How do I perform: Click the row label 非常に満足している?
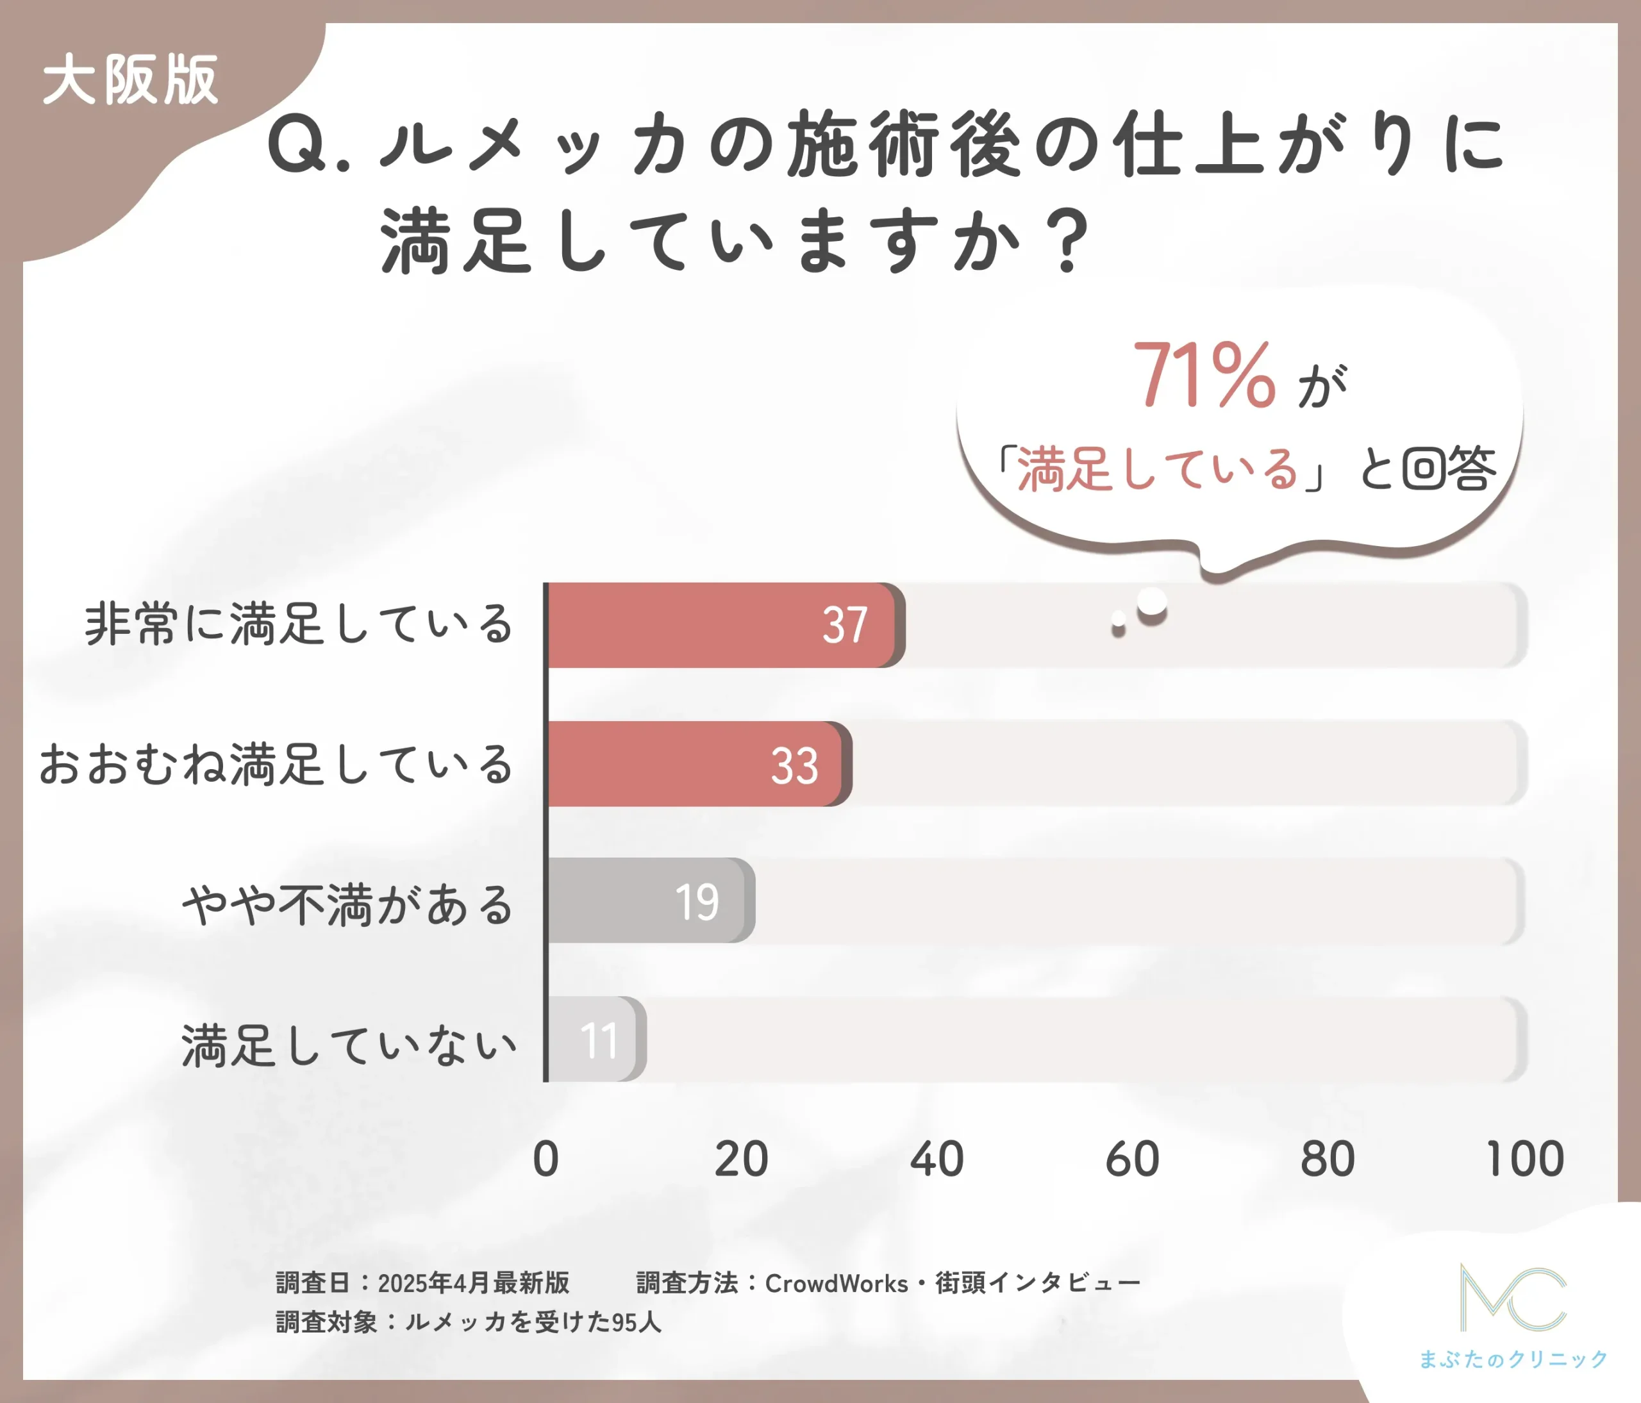click(299, 624)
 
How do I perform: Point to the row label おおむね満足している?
click(276, 764)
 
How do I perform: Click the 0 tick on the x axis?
click(546, 1159)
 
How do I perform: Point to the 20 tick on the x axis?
click(741, 1159)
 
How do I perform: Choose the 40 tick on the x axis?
click(937, 1159)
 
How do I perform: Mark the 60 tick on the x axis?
click(1133, 1159)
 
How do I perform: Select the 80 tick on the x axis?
click(1328, 1159)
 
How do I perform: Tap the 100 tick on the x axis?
click(1524, 1159)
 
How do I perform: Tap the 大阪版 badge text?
click(131, 80)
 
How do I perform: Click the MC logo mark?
click(1513, 1298)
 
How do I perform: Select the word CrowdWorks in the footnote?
click(837, 1283)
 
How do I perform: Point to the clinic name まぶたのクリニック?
click(1513, 1359)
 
